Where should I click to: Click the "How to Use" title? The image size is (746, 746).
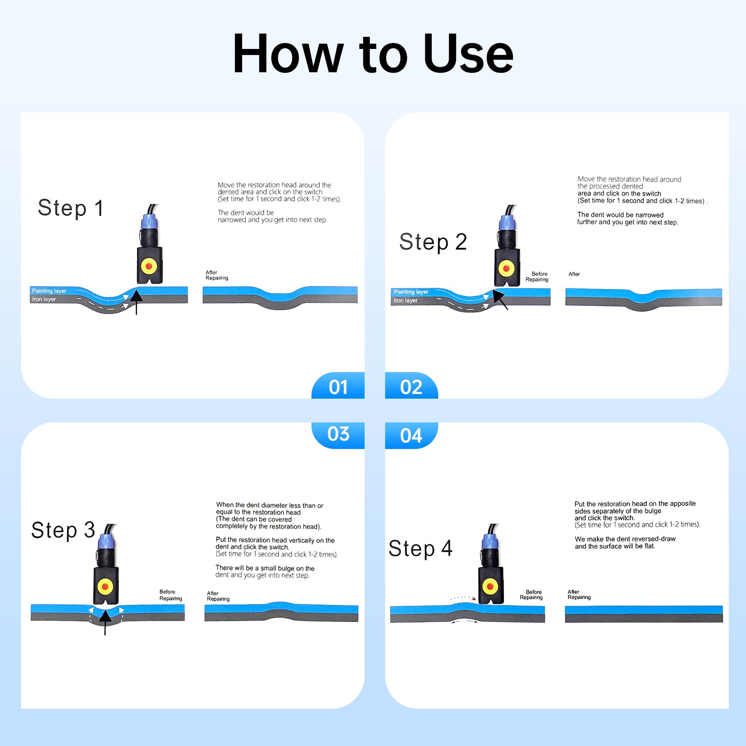(x=373, y=54)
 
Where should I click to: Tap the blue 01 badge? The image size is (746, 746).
(x=338, y=386)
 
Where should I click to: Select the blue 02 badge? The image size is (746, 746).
(x=411, y=386)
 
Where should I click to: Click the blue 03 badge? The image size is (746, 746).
(x=338, y=435)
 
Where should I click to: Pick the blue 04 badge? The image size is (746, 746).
(x=411, y=435)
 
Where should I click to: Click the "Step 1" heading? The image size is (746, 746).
(x=70, y=208)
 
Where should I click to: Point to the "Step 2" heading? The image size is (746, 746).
(x=433, y=242)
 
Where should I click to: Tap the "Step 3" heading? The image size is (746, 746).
(x=63, y=530)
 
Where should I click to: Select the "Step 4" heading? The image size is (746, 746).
(x=420, y=548)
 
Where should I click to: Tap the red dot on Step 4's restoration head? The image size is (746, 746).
(x=490, y=586)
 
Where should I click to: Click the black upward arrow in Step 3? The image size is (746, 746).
(x=105, y=622)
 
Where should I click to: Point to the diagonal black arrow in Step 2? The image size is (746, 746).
(x=500, y=300)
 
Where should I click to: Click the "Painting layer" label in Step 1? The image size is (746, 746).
(x=49, y=291)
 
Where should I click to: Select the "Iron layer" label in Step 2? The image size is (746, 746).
(x=406, y=301)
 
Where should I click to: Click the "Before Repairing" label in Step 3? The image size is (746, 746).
(x=171, y=595)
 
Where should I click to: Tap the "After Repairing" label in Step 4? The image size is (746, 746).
(x=579, y=594)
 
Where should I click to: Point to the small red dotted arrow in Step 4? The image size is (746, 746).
(x=463, y=598)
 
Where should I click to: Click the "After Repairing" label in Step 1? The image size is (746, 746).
(x=217, y=275)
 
